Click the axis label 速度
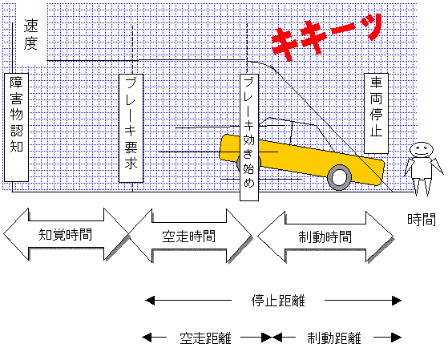[30, 34]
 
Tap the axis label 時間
[422, 220]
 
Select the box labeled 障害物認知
[16, 127]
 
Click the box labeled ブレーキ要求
[131, 128]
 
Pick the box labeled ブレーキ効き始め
[249, 137]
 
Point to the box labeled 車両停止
[376, 113]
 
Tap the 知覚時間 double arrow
[66, 234]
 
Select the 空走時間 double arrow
[189, 237]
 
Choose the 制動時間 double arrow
[325, 237]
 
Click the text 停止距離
[278, 301]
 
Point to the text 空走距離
[205, 338]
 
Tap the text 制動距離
[334, 338]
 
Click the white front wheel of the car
[339, 177]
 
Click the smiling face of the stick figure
[422, 149]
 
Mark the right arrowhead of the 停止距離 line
[397, 301]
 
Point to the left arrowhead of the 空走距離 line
[147, 338]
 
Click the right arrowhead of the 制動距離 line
[397, 338]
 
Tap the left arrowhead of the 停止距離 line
[151, 301]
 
